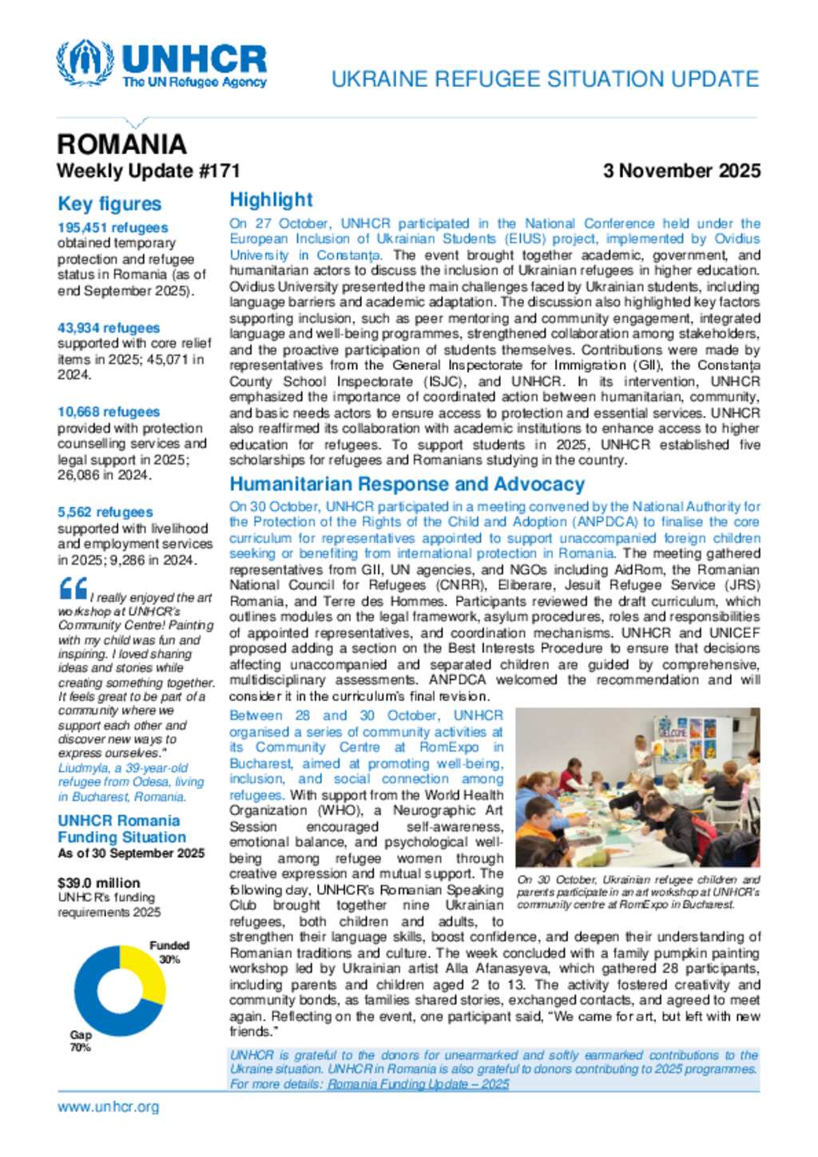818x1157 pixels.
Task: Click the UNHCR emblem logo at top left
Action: [x=85, y=63]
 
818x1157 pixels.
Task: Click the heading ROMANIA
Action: [x=121, y=145]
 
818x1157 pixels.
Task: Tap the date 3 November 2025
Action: [x=681, y=171]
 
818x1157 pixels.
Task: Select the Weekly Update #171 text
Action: [x=148, y=171]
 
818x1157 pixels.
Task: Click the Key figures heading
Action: [x=109, y=204]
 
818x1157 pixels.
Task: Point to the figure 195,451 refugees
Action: [x=113, y=228]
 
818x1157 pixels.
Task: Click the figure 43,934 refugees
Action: [x=109, y=328]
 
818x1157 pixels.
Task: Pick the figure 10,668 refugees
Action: [x=109, y=412]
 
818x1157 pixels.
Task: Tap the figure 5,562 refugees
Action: [x=105, y=512]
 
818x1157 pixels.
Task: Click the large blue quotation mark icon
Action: [x=73, y=588]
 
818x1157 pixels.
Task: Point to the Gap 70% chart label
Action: [x=81, y=1041]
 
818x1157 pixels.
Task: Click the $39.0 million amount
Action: [x=98, y=883]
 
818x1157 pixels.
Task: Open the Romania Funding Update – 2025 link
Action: [x=418, y=1084]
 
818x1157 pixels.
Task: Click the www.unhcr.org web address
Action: [x=108, y=1107]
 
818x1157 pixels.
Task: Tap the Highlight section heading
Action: [x=271, y=200]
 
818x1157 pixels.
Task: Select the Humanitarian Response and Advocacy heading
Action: [x=407, y=484]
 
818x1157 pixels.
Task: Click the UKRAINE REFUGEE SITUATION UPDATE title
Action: [x=545, y=79]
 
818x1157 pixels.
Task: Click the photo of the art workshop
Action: [x=637, y=787]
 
